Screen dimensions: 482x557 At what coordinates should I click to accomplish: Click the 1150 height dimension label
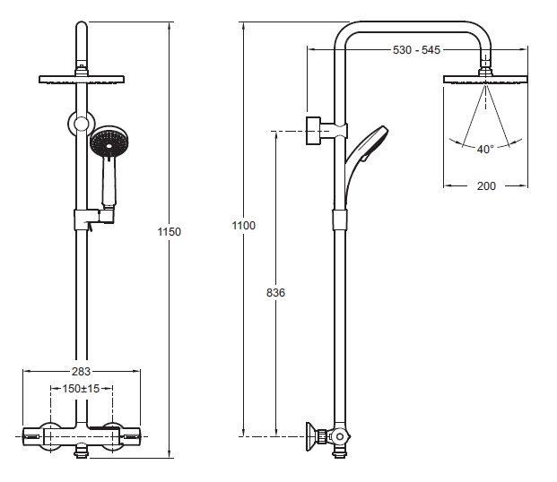point(170,232)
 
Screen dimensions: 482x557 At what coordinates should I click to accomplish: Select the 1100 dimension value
point(243,226)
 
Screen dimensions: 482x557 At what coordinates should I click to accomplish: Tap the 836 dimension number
point(276,293)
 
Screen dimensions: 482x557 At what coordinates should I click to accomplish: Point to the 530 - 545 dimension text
point(417,50)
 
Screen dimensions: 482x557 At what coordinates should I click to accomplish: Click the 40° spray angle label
point(485,150)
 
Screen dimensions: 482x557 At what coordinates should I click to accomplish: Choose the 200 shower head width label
point(486,185)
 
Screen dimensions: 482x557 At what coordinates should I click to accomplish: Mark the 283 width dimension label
point(81,371)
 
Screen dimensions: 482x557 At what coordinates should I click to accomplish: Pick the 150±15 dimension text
point(81,389)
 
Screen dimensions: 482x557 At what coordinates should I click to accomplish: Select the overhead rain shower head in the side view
point(486,79)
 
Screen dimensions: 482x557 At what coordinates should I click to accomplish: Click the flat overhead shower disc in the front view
point(82,80)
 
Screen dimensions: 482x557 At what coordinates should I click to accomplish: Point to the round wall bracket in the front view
point(82,124)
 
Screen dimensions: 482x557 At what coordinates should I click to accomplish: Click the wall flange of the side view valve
point(317,437)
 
